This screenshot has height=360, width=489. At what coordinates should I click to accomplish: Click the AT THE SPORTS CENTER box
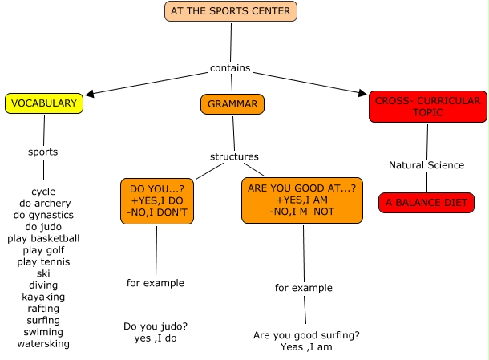click(231, 11)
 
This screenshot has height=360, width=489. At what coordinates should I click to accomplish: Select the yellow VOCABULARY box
click(44, 103)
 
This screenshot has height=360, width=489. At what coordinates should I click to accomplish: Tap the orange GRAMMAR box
click(232, 104)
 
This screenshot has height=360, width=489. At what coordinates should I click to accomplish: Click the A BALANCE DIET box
click(426, 203)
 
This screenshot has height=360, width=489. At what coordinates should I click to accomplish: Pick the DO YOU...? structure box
click(156, 200)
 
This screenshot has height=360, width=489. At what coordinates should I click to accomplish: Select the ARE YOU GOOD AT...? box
click(302, 200)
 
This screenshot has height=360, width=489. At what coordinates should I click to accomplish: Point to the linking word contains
click(230, 68)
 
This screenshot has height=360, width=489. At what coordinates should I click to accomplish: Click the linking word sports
click(42, 152)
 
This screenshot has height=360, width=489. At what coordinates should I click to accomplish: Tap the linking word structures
click(234, 156)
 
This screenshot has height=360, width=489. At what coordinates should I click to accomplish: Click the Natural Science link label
click(426, 165)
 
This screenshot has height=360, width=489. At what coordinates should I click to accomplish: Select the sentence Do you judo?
click(156, 326)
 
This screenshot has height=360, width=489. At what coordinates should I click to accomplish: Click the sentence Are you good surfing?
click(306, 335)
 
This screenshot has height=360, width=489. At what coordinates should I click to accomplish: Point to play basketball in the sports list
click(43, 238)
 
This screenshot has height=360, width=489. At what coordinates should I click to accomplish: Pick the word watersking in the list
click(43, 344)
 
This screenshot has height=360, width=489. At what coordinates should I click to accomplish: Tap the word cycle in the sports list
click(43, 192)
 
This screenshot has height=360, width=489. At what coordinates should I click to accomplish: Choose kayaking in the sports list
click(43, 297)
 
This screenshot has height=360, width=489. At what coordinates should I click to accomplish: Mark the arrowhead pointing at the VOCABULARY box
click(89, 94)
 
